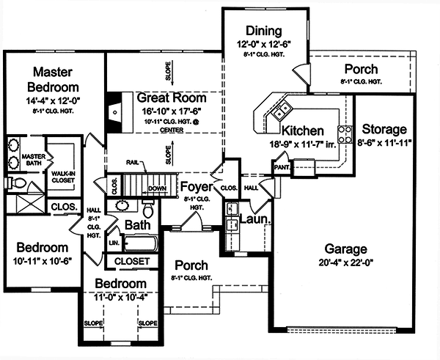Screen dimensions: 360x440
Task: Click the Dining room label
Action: pos(263,31)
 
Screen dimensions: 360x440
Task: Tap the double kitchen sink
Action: pos(281,111)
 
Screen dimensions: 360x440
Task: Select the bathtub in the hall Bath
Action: pos(145,243)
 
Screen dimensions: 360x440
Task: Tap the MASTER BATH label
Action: pos(33,160)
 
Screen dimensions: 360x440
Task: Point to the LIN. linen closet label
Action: pos(114,241)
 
